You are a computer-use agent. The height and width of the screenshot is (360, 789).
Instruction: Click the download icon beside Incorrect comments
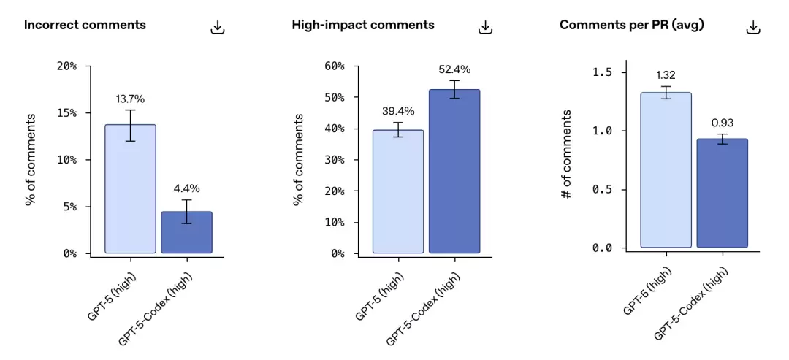click(218, 27)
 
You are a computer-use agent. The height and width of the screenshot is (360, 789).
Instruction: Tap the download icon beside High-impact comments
click(485, 27)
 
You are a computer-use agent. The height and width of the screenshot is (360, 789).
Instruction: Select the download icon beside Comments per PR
click(752, 27)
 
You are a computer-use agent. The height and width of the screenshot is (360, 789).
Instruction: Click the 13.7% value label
click(130, 99)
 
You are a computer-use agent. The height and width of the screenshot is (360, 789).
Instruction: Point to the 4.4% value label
click(187, 188)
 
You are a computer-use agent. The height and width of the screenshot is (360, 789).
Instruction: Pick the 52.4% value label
click(454, 70)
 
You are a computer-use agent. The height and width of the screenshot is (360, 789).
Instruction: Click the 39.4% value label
click(398, 110)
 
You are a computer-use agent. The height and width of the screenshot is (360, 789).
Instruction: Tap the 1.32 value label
click(666, 75)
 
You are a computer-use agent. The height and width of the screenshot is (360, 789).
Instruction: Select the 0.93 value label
click(722, 123)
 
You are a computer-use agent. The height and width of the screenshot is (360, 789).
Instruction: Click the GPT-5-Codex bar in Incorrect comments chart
click(187, 232)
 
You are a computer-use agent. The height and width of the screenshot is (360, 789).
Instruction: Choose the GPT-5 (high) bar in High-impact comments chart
click(398, 191)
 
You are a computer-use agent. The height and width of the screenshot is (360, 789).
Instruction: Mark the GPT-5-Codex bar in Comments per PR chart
click(722, 193)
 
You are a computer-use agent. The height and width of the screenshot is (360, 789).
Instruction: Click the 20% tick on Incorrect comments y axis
click(66, 66)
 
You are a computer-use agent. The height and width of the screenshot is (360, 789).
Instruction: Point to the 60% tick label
click(334, 66)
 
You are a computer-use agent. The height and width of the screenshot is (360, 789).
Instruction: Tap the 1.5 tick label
click(602, 72)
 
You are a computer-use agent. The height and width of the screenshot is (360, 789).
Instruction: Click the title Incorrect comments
click(85, 25)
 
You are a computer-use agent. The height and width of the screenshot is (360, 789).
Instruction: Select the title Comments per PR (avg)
click(631, 25)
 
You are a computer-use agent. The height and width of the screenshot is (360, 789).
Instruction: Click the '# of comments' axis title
click(567, 154)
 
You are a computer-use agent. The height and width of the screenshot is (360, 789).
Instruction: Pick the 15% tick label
click(66, 113)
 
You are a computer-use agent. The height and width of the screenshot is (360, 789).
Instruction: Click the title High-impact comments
click(363, 25)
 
